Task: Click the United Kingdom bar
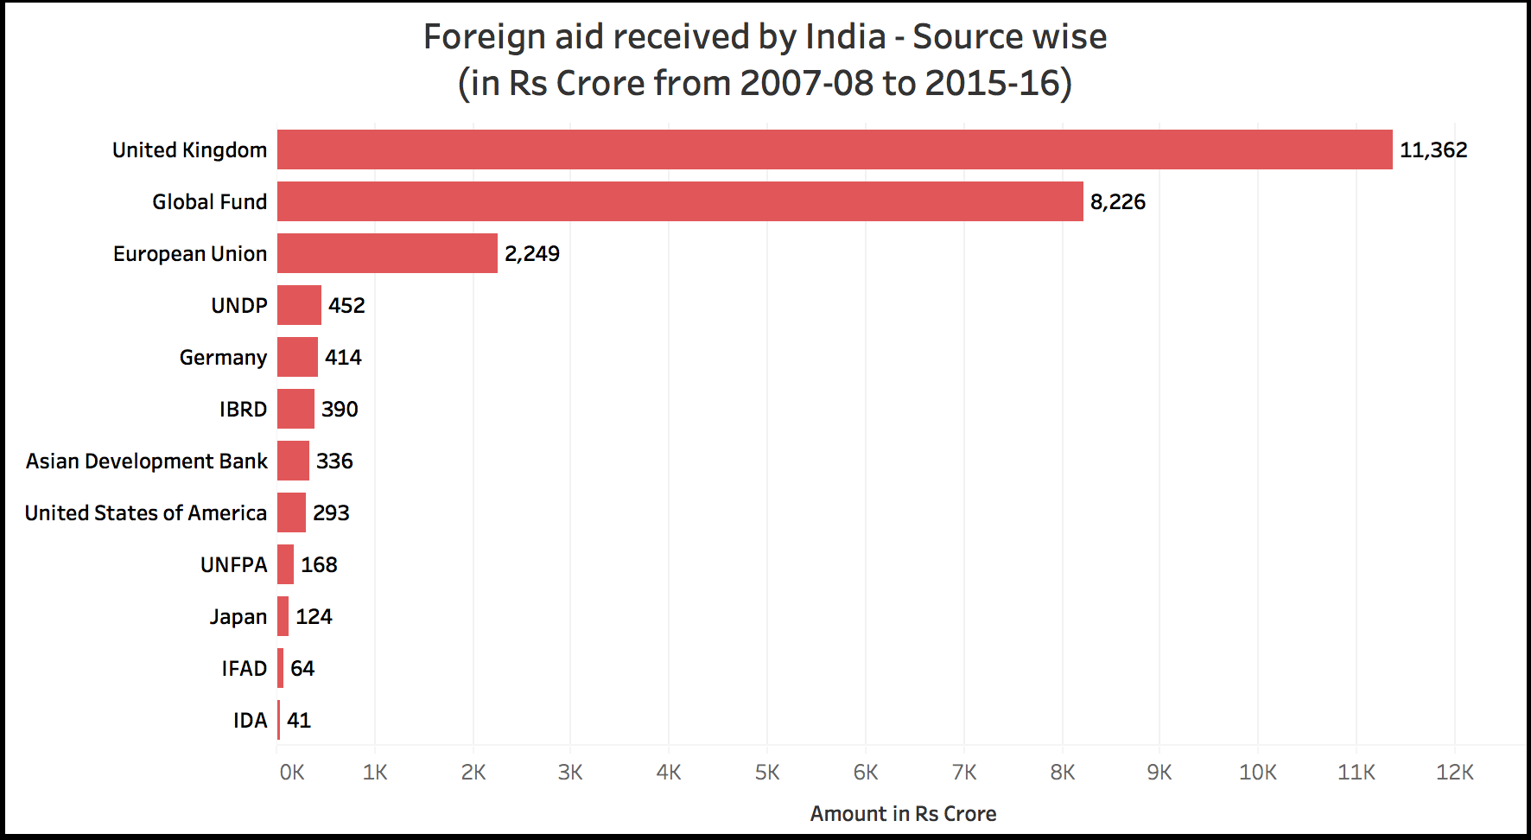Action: [x=835, y=150]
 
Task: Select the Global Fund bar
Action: [x=680, y=201]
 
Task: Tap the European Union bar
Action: [x=387, y=253]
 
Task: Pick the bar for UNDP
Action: [x=299, y=305]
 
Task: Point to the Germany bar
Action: [x=297, y=357]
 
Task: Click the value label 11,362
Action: [x=1433, y=150]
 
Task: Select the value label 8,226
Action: [x=1117, y=202]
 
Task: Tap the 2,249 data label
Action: [x=531, y=254]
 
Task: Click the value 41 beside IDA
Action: [x=299, y=721]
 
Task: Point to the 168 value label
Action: [x=319, y=565]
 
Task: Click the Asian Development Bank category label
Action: [x=146, y=461]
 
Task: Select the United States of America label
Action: [x=145, y=513]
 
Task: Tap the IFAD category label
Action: [x=244, y=669]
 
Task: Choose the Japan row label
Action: [x=238, y=617]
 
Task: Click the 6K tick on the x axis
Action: [x=866, y=773]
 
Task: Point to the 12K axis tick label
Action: [x=1454, y=773]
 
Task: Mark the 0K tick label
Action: [x=292, y=773]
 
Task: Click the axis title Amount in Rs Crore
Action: [x=903, y=814]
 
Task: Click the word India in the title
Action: [x=845, y=37]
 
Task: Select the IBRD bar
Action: [x=295, y=409]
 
